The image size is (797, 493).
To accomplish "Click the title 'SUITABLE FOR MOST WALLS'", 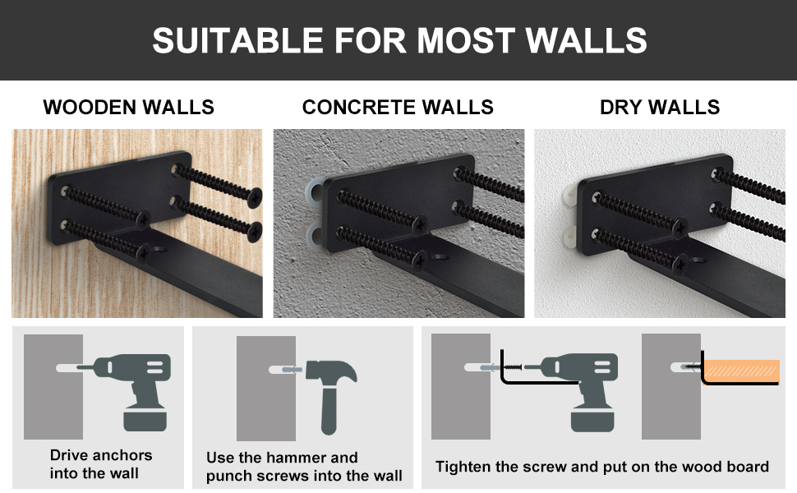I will (398, 40).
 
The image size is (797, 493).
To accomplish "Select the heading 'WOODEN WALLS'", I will (129, 108).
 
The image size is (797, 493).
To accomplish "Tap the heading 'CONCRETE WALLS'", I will (398, 108).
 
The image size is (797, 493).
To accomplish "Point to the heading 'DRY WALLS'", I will (660, 108).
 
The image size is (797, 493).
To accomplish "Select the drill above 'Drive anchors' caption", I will (133, 386).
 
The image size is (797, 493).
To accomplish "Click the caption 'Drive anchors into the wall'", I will (100, 464).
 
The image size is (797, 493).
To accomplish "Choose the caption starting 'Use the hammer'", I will (304, 467).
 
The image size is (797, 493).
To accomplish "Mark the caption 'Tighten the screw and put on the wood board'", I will (602, 467).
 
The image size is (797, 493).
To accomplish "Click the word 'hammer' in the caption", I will (296, 458).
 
